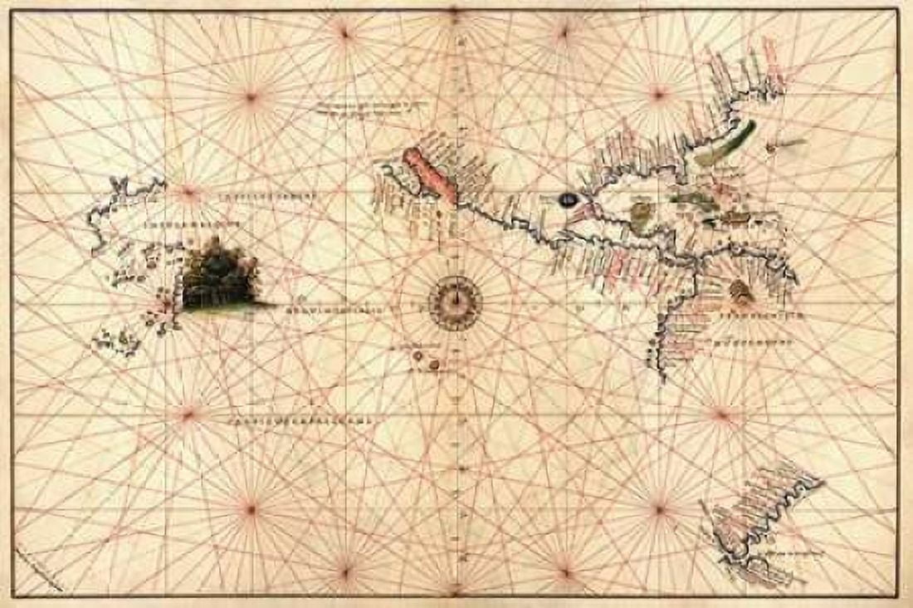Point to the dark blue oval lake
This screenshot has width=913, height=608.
569,199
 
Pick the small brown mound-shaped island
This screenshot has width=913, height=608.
740,292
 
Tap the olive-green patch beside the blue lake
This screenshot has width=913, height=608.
641,215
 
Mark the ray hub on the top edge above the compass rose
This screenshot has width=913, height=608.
454,12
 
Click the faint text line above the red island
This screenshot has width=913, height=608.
369,106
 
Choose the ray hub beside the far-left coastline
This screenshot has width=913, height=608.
189,194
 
